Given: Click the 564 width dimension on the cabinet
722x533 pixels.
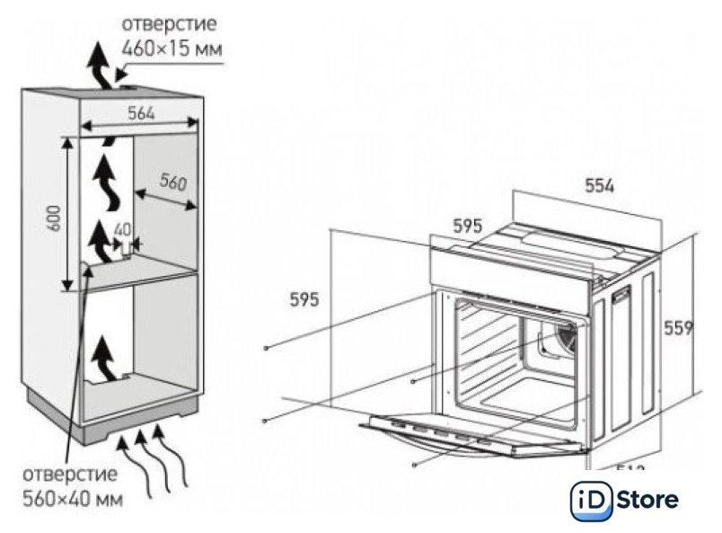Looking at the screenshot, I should pos(139,113).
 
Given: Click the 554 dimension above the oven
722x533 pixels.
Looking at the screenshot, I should pos(599,186).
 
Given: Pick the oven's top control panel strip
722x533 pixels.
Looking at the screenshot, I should pos(512,267).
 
